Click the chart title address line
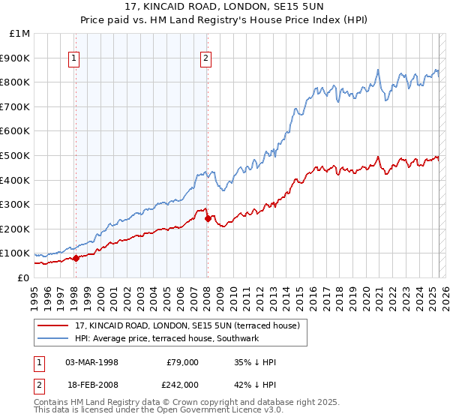point(225,7)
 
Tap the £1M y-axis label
point(20,34)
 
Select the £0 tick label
point(24,277)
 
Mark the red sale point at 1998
point(76,258)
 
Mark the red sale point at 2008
point(208,218)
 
